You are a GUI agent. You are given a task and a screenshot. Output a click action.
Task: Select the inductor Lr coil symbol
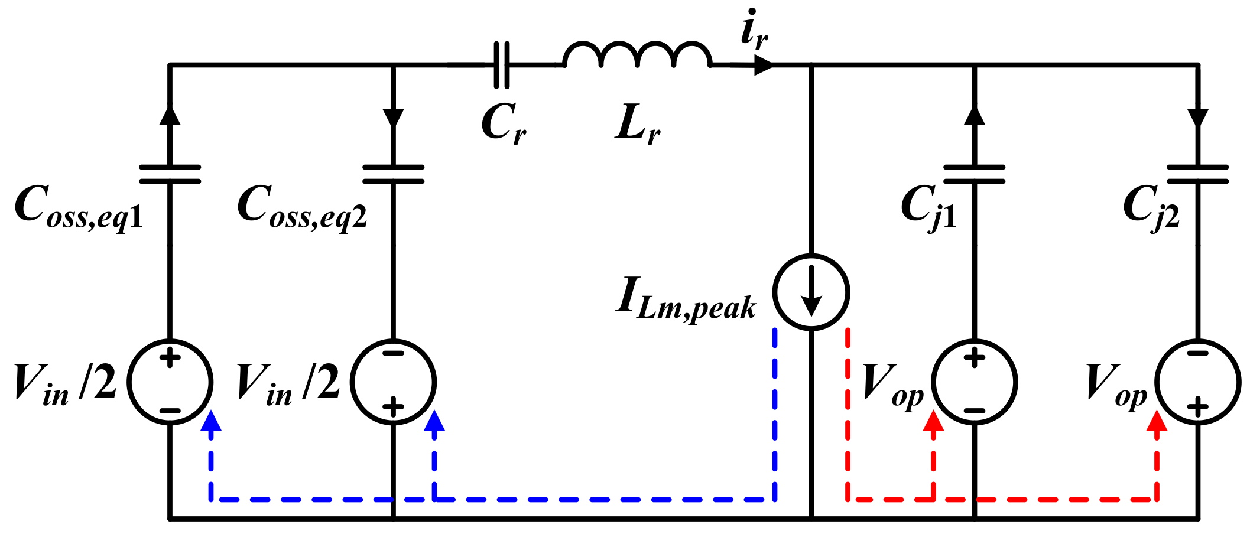(637, 56)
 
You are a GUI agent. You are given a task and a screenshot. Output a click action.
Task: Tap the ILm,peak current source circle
(811, 292)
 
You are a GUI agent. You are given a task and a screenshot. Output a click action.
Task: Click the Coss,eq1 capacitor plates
(170, 174)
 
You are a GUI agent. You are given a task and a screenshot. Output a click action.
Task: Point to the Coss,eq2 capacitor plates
(393, 174)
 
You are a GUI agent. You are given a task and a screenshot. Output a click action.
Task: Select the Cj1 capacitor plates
(974, 174)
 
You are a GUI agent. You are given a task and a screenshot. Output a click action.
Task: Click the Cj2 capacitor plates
(1197, 174)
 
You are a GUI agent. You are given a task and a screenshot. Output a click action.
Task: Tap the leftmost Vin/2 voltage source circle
(170, 382)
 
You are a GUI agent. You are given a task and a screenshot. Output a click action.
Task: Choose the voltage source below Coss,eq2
(393, 382)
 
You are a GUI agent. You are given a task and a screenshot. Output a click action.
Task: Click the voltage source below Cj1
(974, 382)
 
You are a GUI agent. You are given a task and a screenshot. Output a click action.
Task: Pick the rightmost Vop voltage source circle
(1197, 382)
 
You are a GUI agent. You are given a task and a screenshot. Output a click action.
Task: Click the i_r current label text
(754, 30)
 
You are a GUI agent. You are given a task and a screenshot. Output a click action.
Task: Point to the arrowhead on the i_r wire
(763, 65)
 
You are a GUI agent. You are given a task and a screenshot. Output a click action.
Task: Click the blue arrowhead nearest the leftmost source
(211, 421)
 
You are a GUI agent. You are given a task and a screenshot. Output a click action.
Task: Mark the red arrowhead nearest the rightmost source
(1157, 421)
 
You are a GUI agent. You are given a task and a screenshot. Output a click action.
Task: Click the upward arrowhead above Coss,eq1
(170, 115)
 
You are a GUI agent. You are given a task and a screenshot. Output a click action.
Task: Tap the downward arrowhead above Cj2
(1197, 117)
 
